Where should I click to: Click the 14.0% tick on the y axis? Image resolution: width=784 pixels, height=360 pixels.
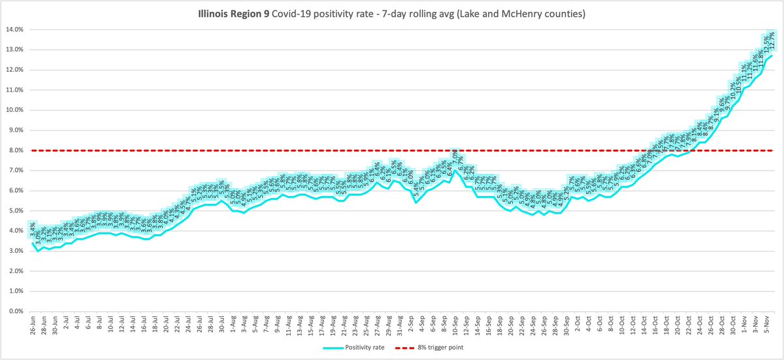[14, 29]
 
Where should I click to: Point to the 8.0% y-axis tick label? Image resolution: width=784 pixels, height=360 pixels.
[15, 150]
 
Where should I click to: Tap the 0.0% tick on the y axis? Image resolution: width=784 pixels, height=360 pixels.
[15, 312]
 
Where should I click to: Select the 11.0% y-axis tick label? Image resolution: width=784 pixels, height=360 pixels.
[14, 90]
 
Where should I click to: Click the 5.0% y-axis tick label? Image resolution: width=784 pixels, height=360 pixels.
[15, 211]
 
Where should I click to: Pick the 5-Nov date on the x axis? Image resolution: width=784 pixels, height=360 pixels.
[766, 325]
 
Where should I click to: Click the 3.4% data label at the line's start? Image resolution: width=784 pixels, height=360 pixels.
[33, 228]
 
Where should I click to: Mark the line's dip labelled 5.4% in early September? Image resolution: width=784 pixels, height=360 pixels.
[416, 203]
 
